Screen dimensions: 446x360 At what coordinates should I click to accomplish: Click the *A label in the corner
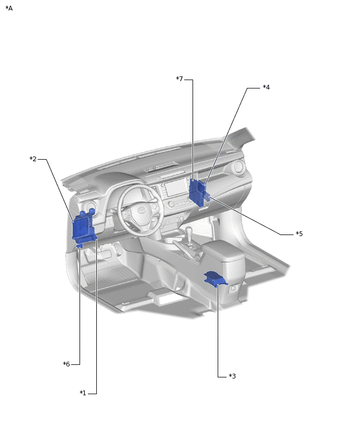pyautogui.click(x=9, y=8)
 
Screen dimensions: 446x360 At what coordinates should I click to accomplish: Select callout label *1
pyautogui.click(x=83, y=393)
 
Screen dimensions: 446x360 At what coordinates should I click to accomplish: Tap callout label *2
pyautogui.click(x=33, y=159)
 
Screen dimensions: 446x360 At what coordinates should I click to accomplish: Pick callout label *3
pyautogui.click(x=232, y=376)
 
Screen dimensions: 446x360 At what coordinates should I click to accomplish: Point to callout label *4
pyautogui.click(x=266, y=87)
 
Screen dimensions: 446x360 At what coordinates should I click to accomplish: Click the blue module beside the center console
pyautogui.click(x=215, y=278)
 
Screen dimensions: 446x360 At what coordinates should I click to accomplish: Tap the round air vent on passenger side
pyautogui.click(x=239, y=168)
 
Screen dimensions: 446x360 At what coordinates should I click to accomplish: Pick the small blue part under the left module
pyautogui.click(x=80, y=244)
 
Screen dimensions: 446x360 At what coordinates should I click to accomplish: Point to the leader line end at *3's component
pyautogui.click(x=218, y=286)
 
